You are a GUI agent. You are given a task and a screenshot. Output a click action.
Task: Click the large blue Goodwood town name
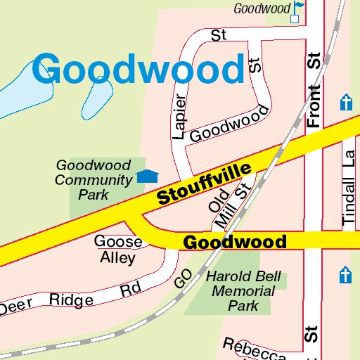(x=138, y=70)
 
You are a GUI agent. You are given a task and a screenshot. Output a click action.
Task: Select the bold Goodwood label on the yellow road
(x=234, y=243)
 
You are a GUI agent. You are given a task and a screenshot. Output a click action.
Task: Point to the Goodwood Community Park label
(x=94, y=179)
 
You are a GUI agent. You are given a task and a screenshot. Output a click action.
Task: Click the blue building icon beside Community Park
(x=147, y=176)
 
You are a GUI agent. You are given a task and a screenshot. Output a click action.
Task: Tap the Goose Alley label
(x=118, y=250)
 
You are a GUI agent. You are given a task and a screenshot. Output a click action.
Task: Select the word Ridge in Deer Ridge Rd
(x=71, y=300)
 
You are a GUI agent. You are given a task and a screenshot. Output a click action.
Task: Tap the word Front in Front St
(x=314, y=105)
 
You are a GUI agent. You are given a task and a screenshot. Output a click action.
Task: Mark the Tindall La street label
(x=348, y=190)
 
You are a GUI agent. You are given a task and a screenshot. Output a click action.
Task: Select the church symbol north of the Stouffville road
(x=345, y=103)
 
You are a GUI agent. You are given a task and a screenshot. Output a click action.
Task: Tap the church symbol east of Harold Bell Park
(x=345, y=275)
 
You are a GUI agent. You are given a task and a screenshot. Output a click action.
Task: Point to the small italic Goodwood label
(x=262, y=8)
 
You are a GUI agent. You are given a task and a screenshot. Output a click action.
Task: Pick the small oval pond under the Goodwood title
(x=98, y=98)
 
